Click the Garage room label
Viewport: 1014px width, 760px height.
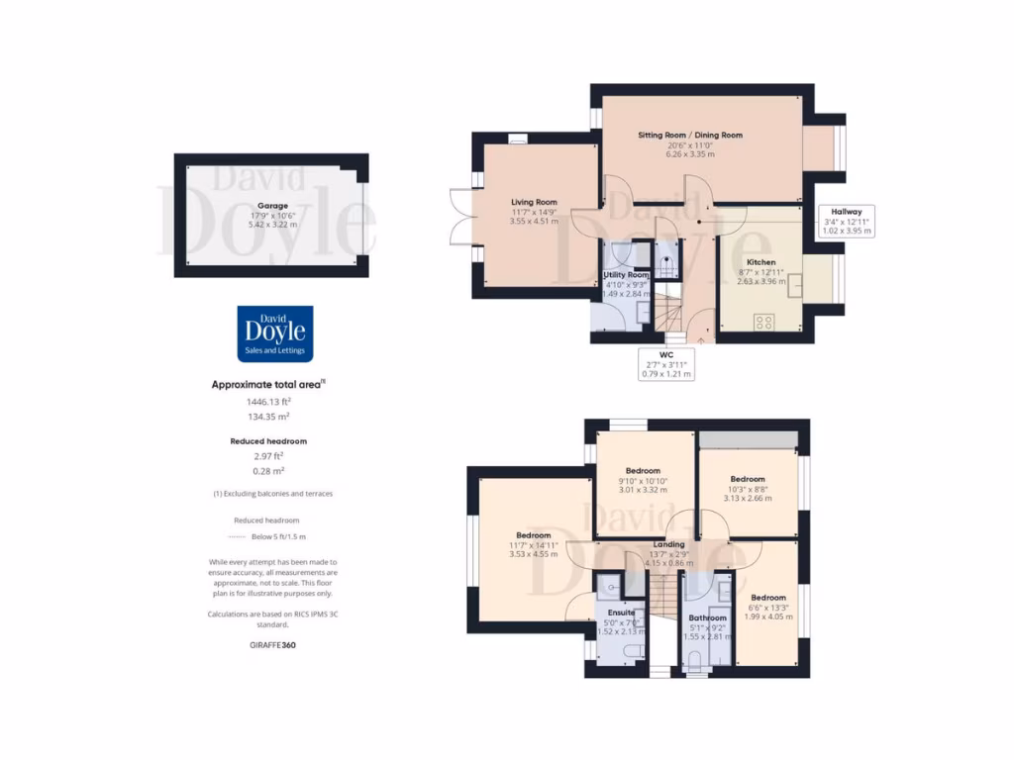click(273, 206)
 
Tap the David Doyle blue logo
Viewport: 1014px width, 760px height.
click(275, 332)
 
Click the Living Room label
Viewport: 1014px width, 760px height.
click(534, 202)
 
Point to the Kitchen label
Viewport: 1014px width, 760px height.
click(760, 262)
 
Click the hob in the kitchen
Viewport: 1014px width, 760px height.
click(764, 322)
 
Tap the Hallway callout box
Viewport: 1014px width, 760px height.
click(847, 221)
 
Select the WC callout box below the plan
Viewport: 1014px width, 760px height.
click(666, 363)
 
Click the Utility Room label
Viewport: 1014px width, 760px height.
click(627, 274)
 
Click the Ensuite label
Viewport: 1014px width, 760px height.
click(622, 613)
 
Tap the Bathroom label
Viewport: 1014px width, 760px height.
click(707, 618)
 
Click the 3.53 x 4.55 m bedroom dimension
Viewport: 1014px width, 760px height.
click(532, 554)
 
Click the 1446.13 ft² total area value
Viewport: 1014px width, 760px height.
click(268, 402)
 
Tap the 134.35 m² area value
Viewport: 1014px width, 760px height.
click(268, 417)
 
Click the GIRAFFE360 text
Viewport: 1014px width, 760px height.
click(273, 645)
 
